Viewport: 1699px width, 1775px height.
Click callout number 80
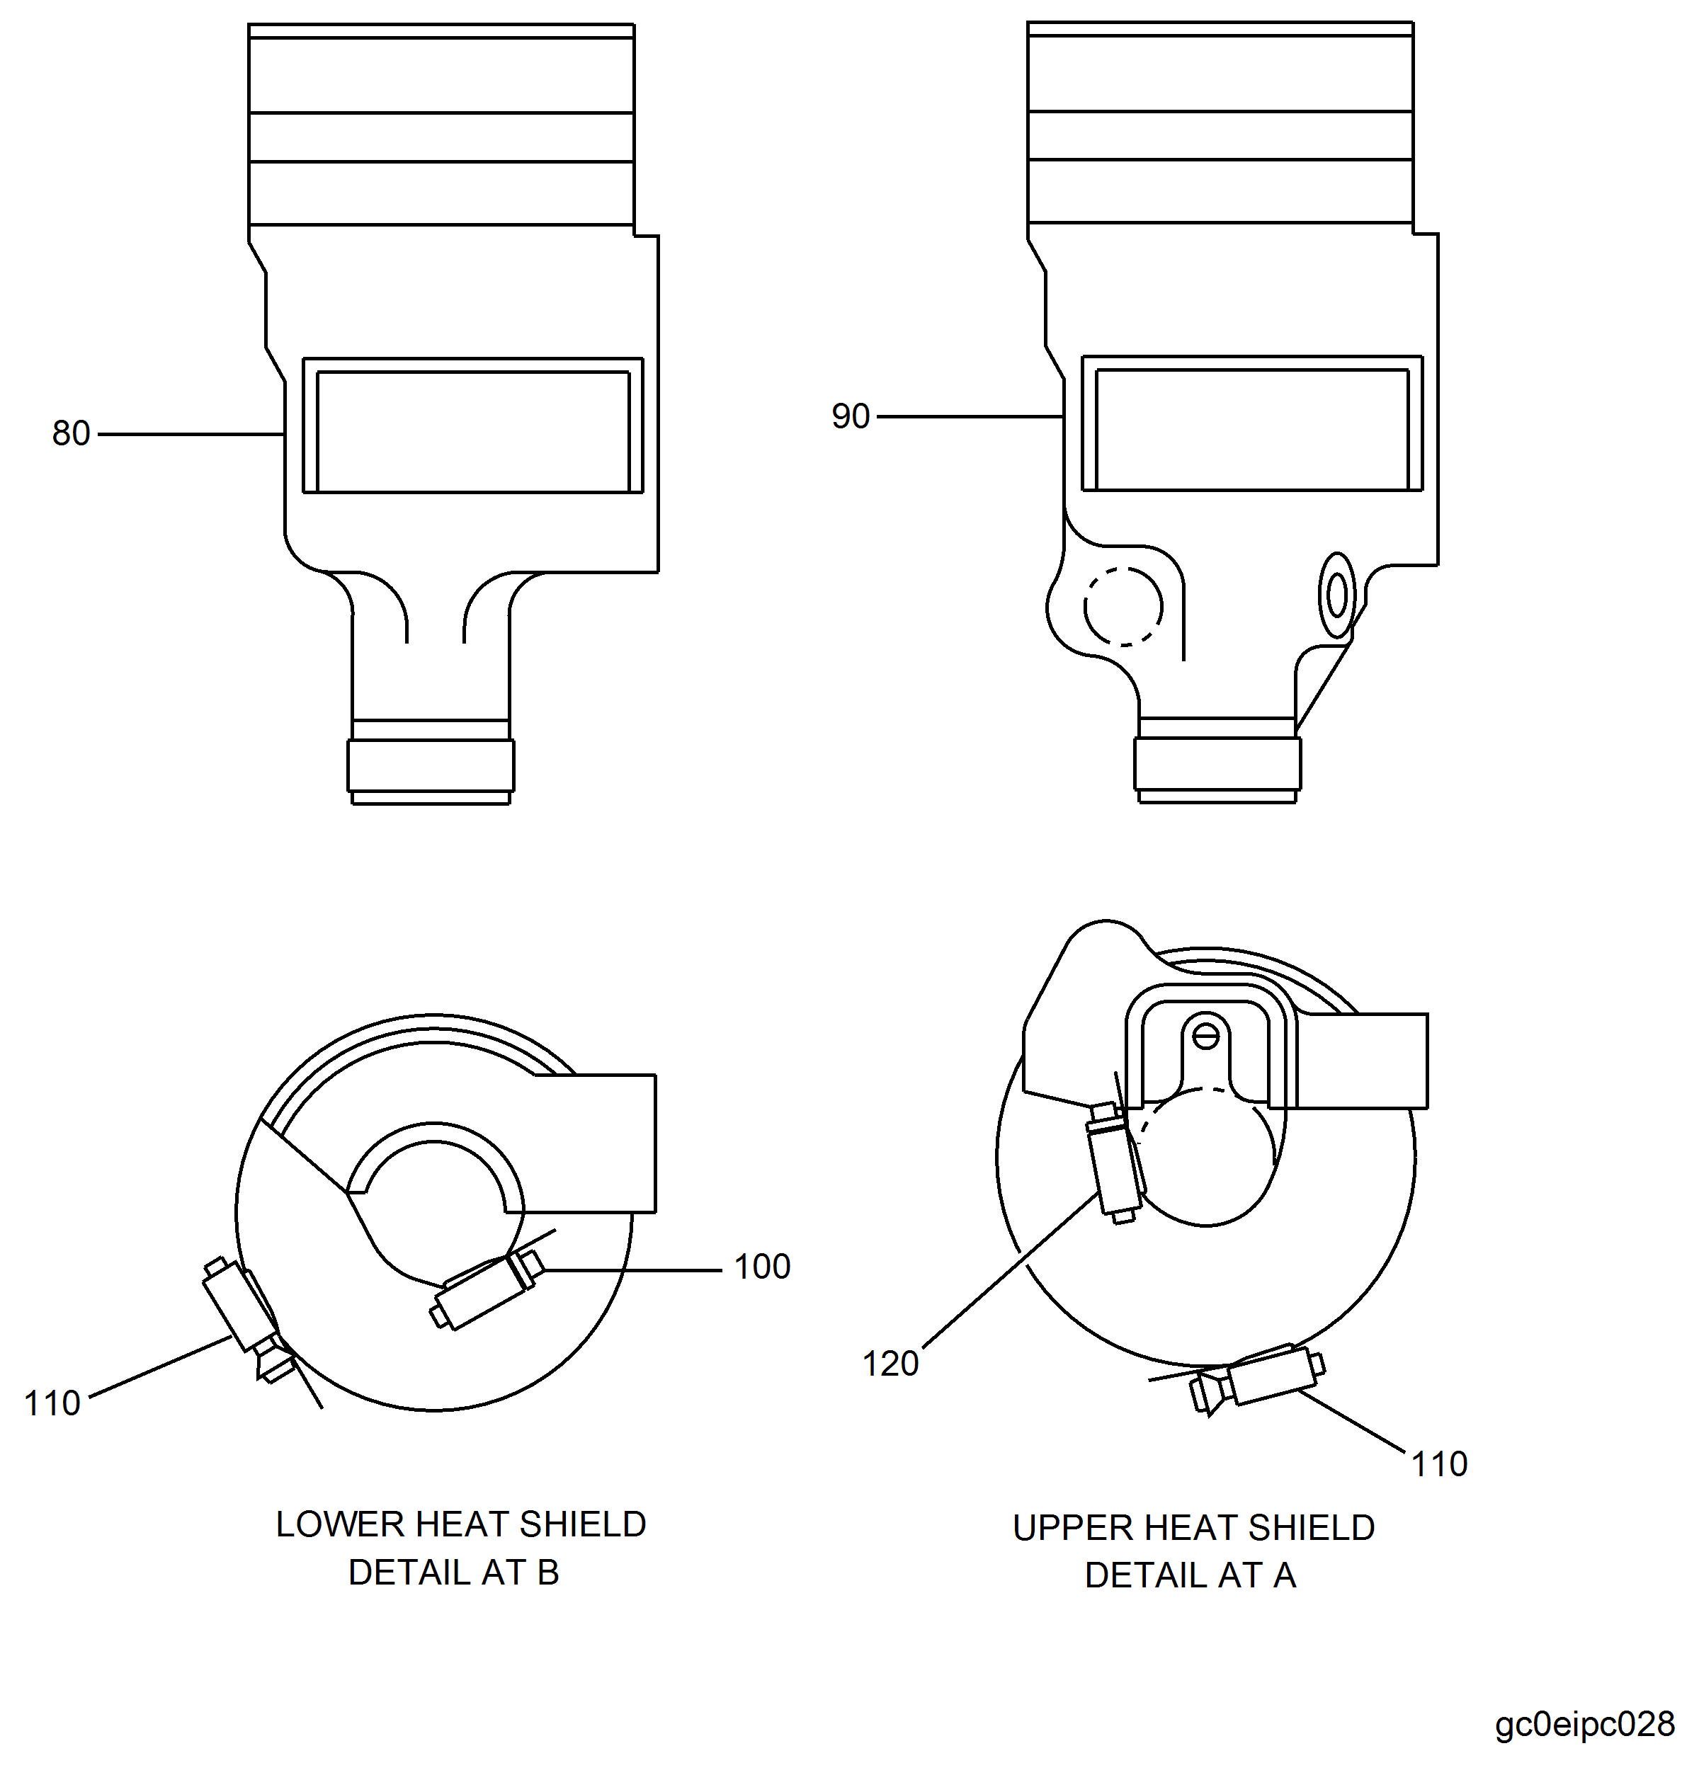[71, 434]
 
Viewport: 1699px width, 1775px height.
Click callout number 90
[850, 416]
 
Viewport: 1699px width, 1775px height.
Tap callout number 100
[761, 1266]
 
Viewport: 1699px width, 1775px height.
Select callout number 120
[890, 1363]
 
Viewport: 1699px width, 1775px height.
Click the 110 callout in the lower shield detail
[52, 1403]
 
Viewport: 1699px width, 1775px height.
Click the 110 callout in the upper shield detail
[1439, 1463]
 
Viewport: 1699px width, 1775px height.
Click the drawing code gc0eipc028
[1584, 1723]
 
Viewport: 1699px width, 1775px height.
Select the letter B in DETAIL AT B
[548, 1572]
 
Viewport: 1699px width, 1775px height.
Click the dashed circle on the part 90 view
[1123, 607]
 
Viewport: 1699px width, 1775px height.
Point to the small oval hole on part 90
[1336, 595]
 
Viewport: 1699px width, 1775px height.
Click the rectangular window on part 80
[473, 430]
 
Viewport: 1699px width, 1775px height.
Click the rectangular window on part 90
[1251, 428]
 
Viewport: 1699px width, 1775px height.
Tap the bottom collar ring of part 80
[431, 765]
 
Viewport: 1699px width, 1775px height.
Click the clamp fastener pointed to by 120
[1115, 1164]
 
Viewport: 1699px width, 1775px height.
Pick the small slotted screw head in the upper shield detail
[1205, 1034]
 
